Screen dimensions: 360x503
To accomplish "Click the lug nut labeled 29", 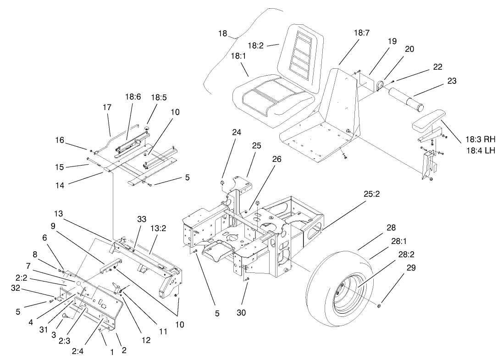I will [378, 306].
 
